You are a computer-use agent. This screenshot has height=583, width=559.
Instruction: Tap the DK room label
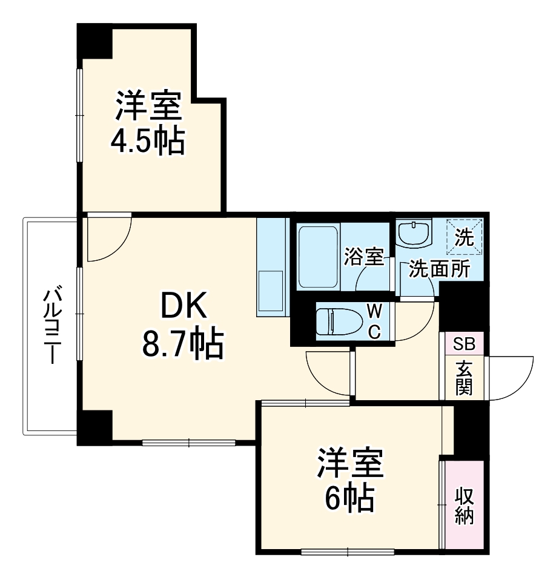tap(183, 308)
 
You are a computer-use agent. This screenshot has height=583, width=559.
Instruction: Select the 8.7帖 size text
tap(183, 344)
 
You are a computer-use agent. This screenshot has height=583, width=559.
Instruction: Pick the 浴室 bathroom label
tap(364, 257)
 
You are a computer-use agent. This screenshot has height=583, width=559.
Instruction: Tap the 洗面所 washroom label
tap(439, 269)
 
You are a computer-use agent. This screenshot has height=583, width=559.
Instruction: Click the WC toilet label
tap(375, 321)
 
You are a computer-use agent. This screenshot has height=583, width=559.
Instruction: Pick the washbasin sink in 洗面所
tap(414, 232)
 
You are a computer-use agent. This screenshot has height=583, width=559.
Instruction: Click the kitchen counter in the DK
tap(271, 267)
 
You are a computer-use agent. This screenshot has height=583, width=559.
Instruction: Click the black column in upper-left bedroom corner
tap(94, 41)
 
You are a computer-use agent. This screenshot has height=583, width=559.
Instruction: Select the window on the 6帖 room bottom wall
tap(348, 552)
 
